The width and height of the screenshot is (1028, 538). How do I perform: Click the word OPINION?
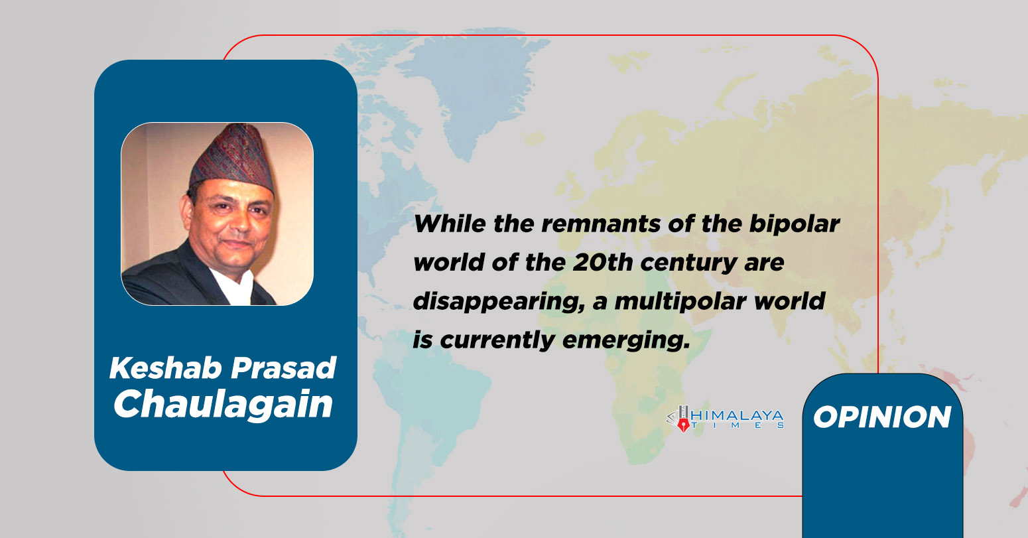click(882, 417)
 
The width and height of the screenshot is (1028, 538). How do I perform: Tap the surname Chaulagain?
click(223, 404)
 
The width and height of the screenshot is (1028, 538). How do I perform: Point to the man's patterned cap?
click(233, 159)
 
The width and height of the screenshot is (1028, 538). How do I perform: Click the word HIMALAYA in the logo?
click(738, 416)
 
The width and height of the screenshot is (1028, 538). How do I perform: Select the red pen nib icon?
click(683, 426)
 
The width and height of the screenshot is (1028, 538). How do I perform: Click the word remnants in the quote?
click(601, 224)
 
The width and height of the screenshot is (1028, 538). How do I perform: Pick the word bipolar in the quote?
click(795, 225)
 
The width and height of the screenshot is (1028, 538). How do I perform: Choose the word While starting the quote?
click(450, 224)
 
